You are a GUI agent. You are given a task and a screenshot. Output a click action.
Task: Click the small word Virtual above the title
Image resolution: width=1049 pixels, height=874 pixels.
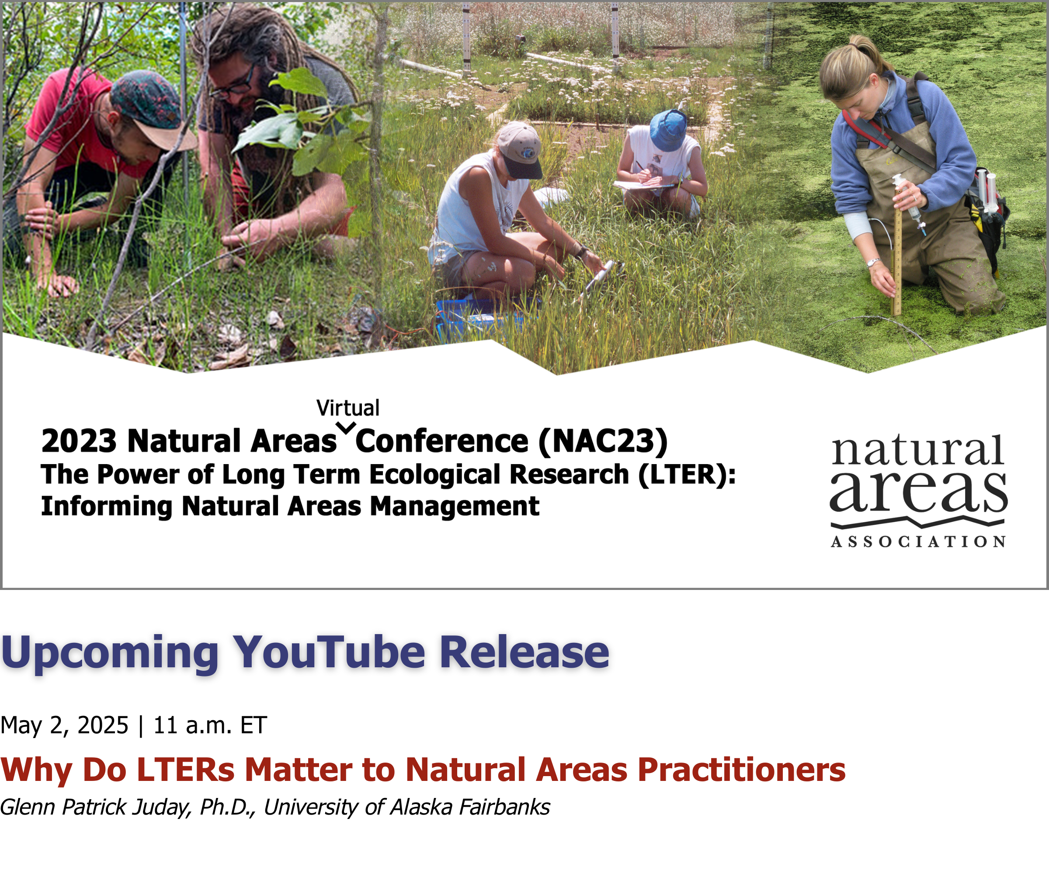(348, 408)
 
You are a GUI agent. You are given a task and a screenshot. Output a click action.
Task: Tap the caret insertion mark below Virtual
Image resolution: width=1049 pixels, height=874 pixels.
(346, 427)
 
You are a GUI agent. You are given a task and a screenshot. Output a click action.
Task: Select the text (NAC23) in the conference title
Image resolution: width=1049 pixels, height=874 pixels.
(603, 441)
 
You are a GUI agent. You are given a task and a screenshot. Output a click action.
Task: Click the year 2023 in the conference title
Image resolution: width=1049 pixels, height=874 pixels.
(79, 441)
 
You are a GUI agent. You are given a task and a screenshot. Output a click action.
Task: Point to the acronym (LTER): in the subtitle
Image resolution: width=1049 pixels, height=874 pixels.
(687, 475)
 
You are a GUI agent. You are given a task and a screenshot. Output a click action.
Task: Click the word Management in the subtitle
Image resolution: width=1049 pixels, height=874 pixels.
(455, 506)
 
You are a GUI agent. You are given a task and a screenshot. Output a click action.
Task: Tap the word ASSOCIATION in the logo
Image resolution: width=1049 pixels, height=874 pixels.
(918, 542)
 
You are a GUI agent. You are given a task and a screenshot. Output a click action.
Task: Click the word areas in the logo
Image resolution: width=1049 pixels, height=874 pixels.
(918, 492)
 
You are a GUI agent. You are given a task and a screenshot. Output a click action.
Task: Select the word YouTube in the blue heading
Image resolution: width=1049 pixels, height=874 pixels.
(330, 652)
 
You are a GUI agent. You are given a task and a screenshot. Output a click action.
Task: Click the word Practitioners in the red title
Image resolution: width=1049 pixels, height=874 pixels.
(742, 770)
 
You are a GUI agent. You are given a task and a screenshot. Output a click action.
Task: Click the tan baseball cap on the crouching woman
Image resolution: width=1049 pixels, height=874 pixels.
(520, 150)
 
